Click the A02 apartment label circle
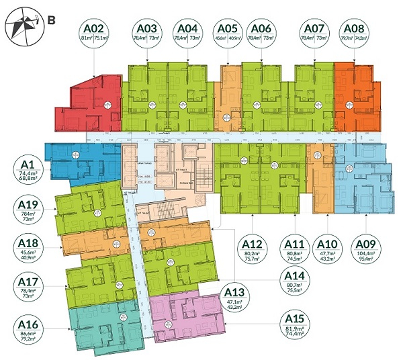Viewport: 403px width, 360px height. pyautogui.click(x=93, y=34)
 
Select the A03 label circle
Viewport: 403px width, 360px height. pyautogui.click(x=147, y=34)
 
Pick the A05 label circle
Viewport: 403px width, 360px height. pyautogui.click(x=228, y=34)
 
